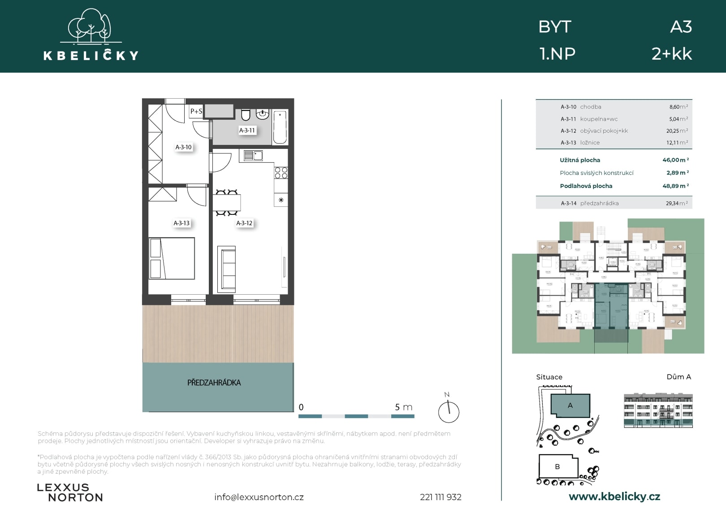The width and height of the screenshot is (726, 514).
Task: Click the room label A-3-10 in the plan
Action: pos(183,147)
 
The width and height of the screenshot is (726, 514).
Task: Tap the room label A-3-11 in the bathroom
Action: pos(247,131)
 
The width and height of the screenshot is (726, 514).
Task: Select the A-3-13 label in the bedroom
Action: pos(181,223)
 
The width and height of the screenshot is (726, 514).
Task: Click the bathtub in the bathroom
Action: pos(280,127)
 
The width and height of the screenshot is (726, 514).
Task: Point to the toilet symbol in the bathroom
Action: pos(246,115)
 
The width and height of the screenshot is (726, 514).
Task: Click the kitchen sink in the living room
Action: pos(253,156)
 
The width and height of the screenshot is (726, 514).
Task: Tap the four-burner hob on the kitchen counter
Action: pos(281,173)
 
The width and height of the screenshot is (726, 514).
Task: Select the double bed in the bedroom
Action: pos(172,258)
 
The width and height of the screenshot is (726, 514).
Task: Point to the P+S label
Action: pos(196,111)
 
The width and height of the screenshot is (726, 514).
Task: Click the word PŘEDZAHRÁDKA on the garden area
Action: pos(214,383)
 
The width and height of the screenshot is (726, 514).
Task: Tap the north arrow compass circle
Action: pos(449,412)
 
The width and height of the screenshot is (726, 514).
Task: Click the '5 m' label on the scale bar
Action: pos(403,407)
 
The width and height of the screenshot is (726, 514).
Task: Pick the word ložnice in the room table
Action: pos(590,143)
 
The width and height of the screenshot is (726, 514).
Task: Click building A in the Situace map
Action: pos(570,405)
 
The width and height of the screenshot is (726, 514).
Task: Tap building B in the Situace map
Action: pos(557,466)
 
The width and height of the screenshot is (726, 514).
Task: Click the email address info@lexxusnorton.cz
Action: pos(259,497)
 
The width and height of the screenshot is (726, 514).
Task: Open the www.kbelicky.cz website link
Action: pos(614,497)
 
